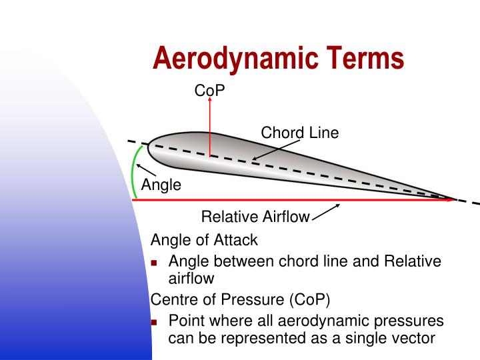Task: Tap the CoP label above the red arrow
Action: coord(209,90)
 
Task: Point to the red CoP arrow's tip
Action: coord(209,100)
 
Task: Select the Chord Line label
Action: coord(299,133)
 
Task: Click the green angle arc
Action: coord(134,172)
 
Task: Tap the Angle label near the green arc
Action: coord(161,185)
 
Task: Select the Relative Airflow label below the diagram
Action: coord(255,216)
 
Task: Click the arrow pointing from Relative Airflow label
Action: coord(326,211)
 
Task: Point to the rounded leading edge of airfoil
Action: coord(149,149)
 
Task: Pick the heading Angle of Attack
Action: coord(204,239)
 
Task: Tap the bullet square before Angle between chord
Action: coord(156,261)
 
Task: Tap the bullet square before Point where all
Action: coord(156,321)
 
